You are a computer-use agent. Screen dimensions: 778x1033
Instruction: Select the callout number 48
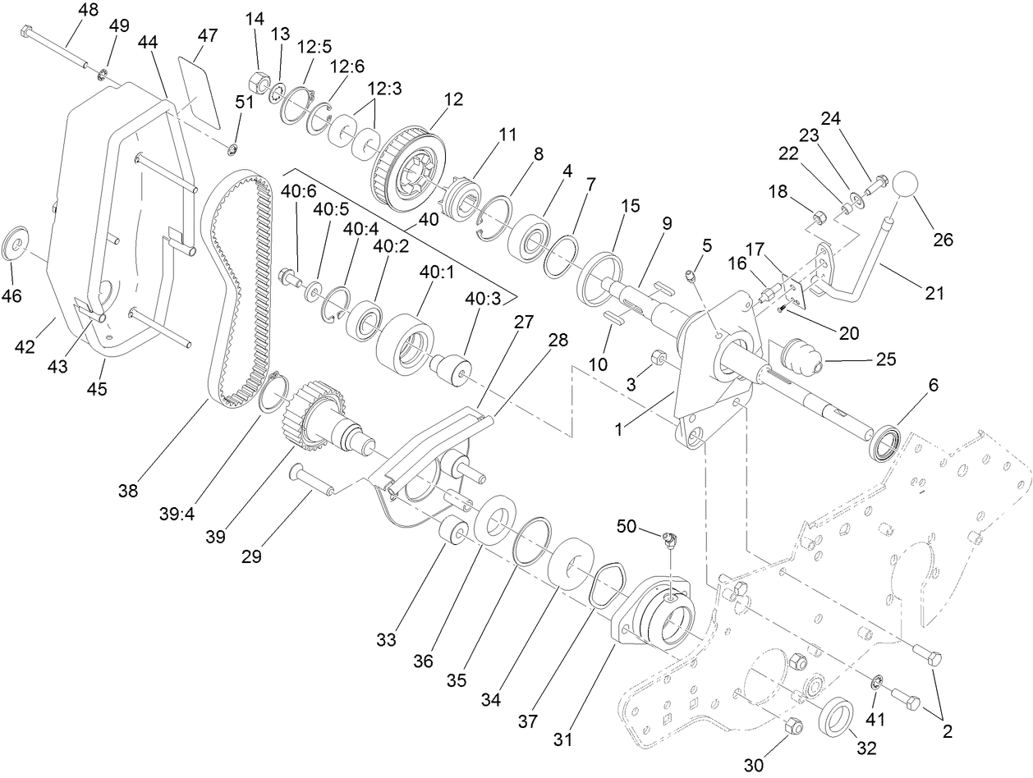88,11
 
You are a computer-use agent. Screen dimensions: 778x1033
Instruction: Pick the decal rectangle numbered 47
200,86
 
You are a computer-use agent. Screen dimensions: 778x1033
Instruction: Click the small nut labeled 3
658,358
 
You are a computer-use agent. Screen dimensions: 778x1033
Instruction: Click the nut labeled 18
818,218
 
